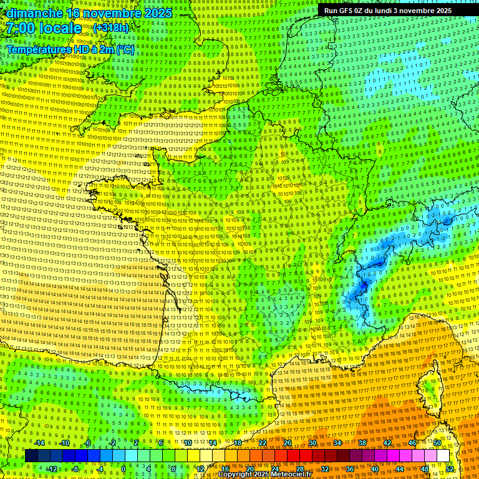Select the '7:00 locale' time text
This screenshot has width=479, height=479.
tap(44, 28)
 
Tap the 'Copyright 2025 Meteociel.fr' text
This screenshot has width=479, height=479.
tap(269, 474)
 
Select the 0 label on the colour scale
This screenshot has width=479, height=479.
tap(123, 468)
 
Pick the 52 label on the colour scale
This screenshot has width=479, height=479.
tap(450, 468)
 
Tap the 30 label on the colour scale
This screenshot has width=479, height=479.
tap(312, 443)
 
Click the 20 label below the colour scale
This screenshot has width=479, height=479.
tap(249, 468)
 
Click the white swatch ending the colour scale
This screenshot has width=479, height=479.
tap(443, 456)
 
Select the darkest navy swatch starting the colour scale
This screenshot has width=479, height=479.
tap(32, 456)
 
